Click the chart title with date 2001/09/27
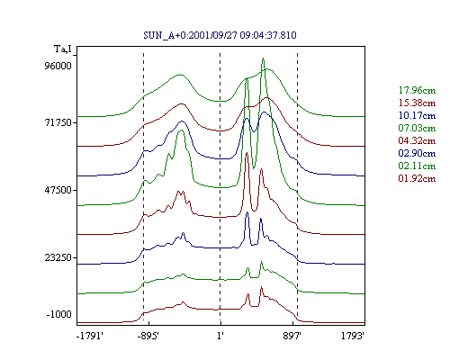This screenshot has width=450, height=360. point(220,35)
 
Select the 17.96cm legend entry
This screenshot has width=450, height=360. point(417,90)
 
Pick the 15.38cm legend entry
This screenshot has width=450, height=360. point(417,103)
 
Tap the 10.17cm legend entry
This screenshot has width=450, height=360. point(417,115)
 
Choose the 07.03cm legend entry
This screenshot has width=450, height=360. point(417,128)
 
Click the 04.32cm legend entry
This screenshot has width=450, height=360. point(417,140)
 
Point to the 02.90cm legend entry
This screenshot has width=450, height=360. point(417,153)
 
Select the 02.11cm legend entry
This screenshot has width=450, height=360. point(417,166)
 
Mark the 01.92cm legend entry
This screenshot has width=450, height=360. point(417,178)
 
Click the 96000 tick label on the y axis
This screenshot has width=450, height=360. point(58,66)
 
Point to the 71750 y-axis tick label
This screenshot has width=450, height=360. point(58,122)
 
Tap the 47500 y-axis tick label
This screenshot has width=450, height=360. point(58,190)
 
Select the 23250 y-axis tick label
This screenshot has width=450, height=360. point(58,257)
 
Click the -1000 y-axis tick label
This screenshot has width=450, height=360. point(59,314)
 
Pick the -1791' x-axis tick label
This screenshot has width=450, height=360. point(90,336)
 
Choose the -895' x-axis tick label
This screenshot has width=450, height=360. point(148,336)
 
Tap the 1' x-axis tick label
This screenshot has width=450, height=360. point(220,336)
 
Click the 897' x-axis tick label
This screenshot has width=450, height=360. point(292,336)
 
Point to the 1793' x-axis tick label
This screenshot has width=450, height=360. point(353,336)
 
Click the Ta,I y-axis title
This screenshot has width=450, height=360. point(63,49)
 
